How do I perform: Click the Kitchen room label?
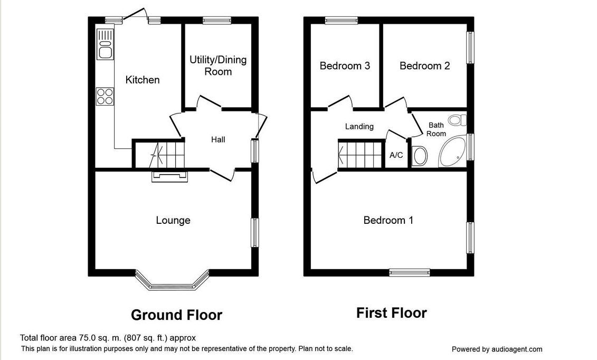pyautogui.click(x=142, y=80)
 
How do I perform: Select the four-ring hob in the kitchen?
pyautogui.click(x=105, y=97)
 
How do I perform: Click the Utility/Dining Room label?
pyautogui.click(x=218, y=65)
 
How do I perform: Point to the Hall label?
pyautogui.click(x=218, y=139)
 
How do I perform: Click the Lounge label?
pyautogui.click(x=173, y=220)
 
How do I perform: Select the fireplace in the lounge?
pyautogui.click(x=170, y=176)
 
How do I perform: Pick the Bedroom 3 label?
pyautogui.click(x=345, y=66)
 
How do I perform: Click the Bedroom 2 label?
pyautogui.click(x=424, y=66)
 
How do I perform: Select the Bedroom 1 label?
pyautogui.click(x=388, y=220)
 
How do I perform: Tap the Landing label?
pyautogui.click(x=359, y=126)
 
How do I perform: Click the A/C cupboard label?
pyautogui.click(x=396, y=155)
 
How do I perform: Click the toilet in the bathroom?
pyautogui.click(x=421, y=156)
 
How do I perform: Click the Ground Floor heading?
pyautogui.click(x=176, y=315)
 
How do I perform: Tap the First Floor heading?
pyautogui.click(x=391, y=313)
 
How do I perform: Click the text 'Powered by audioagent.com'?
pyautogui.click(x=497, y=349)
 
